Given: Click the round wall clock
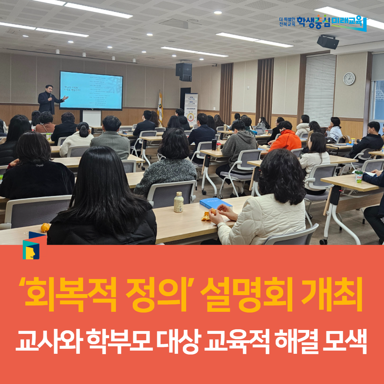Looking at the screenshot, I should (x=349, y=79).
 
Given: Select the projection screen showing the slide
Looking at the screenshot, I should (x=91, y=91).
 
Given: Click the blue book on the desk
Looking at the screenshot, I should (x=215, y=203).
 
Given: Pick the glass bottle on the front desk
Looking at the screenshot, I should (x=178, y=202).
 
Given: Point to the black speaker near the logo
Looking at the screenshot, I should (x=327, y=42).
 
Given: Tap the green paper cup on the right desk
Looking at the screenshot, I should (x=359, y=177).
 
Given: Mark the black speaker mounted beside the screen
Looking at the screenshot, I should (x=184, y=71).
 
